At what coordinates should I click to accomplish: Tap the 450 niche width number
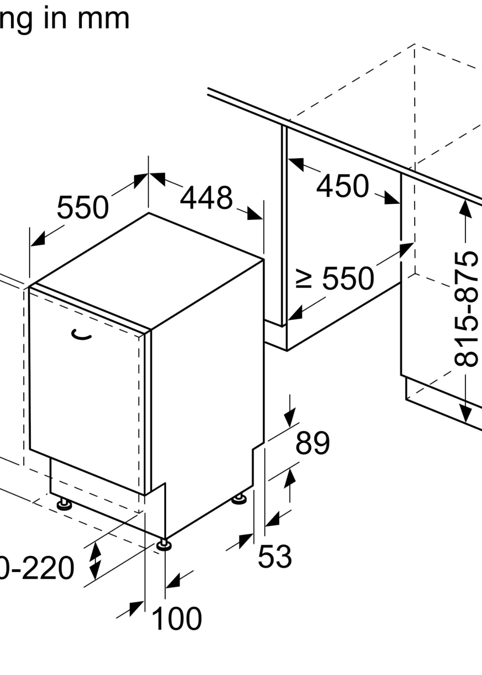(x=343, y=186)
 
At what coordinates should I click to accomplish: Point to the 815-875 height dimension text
(x=466, y=309)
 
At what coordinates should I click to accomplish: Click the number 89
(x=312, y=443)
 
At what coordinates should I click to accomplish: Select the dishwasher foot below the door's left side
(x=64, y=504)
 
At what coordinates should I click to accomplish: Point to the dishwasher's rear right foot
(x=239, y=499)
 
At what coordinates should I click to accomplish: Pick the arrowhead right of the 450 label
(x=392, y=198)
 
